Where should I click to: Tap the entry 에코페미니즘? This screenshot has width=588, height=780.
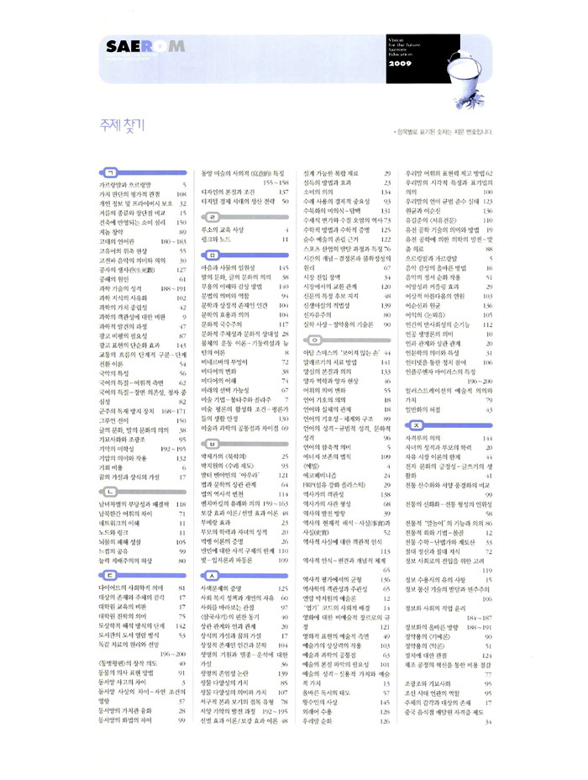[x=324, y=476]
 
